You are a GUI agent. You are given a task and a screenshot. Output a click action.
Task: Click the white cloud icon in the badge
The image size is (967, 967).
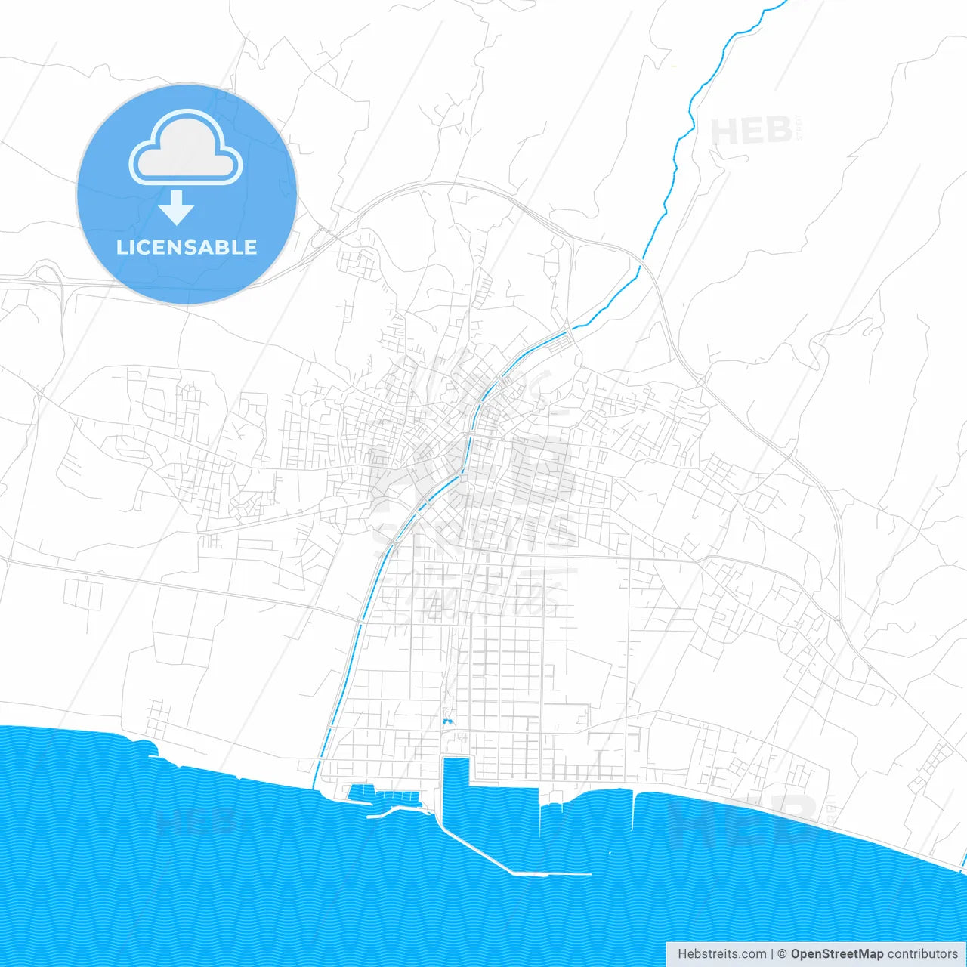coord(186,148)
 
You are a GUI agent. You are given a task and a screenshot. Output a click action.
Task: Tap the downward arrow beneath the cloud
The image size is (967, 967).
coord(176,208)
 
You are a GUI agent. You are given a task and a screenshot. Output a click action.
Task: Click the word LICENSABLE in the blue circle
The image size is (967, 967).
coord(187,247)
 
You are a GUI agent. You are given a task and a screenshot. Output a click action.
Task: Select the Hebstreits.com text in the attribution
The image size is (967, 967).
coord(721,954)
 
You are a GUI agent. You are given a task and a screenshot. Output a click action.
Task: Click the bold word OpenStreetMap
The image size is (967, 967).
coord(836,954)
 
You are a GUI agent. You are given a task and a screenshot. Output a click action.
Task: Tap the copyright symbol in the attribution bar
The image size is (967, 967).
coord(782,954)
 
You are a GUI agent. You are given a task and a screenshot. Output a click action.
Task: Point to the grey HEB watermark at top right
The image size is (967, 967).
coord(752,132)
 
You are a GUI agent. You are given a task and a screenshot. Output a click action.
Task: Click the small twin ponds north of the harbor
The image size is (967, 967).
coord(447,722)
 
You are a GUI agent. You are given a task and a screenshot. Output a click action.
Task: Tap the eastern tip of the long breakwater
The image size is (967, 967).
coord(590,874)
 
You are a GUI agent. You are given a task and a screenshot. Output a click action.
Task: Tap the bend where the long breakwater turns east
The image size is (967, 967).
coord(514,873)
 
